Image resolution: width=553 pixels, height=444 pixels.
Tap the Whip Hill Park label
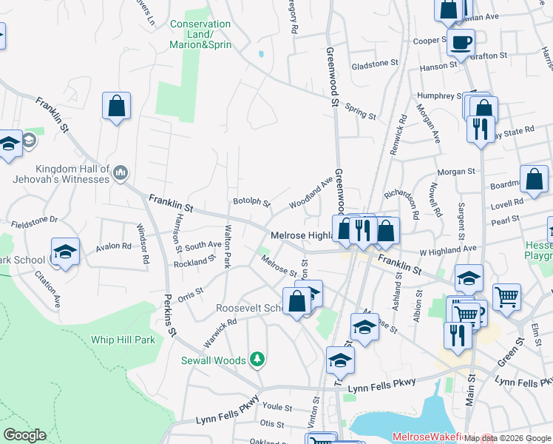point(123,340)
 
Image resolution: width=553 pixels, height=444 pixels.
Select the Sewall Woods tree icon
point(257,360)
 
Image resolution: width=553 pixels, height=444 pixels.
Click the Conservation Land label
point(200,34)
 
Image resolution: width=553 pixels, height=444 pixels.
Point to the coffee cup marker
point(461,43)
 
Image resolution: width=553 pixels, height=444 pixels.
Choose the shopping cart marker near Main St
point(506,297)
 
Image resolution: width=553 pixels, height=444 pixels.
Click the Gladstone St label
point(374,64)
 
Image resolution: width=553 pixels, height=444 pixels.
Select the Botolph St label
point(251,201)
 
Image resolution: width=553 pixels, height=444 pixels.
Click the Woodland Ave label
point(311,192)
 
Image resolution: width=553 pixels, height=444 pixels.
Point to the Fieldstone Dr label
point(33,220)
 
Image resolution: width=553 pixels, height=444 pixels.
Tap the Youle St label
point(273,406)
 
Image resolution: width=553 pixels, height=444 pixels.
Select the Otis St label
point(271,423)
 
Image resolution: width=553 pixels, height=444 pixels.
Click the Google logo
point(24,435)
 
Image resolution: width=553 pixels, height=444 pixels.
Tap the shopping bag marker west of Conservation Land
point(116,107)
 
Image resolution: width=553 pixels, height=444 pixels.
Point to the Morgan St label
point(455,172)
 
